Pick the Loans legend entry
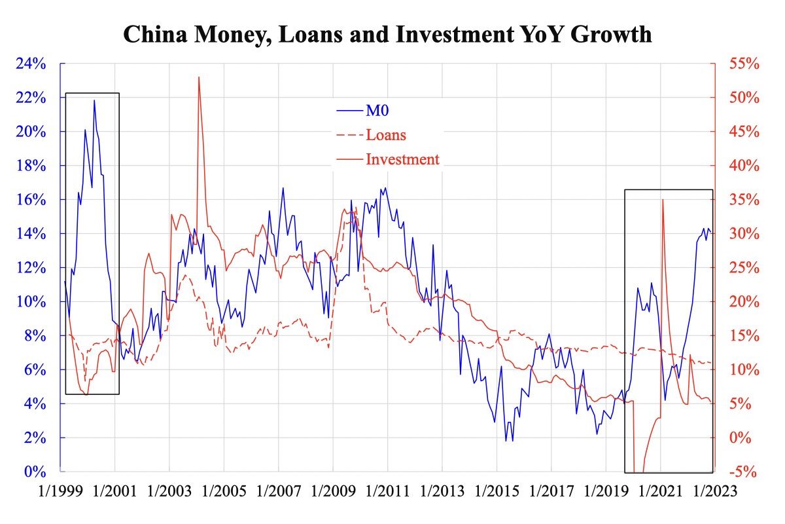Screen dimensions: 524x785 click(x=386, y=135)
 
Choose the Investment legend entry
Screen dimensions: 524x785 click(x=402, y=159)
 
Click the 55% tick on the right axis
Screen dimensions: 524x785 click(x=744, y=64)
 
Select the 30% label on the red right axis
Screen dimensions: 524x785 click(x=744, y=234)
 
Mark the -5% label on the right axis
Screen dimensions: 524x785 click(x=744, y=472)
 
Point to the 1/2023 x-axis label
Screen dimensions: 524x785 click(x=713, y=491)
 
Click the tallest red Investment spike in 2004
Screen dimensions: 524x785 click(x=198, y=77)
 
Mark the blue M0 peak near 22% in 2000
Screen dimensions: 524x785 click(x=94, y=100)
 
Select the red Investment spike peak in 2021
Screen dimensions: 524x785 click(x=663, y=200)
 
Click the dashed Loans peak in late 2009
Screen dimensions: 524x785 click(x=354, y=211)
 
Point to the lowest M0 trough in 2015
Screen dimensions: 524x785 click(x=506, y=440)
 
